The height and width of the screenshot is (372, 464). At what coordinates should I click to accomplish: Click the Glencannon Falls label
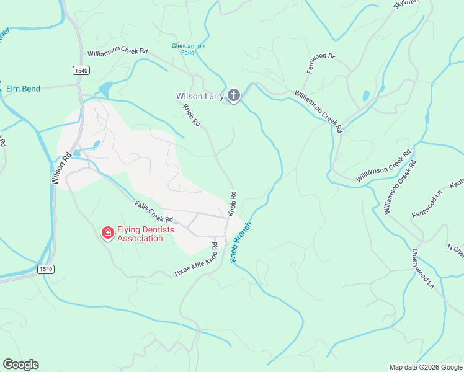point(188,50)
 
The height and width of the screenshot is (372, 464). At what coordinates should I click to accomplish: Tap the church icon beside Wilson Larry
point(233,95)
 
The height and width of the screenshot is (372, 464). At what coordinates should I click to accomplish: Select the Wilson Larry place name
point(200,96)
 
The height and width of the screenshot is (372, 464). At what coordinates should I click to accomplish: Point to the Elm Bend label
point(23,89)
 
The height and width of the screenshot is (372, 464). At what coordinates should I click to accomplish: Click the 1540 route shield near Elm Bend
point(81,71)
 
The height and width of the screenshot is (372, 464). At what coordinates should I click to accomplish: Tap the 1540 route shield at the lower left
point(45,268)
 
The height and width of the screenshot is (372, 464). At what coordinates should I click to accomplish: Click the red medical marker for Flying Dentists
point(107,232)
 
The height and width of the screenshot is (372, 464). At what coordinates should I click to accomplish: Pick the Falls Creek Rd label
point(154,211)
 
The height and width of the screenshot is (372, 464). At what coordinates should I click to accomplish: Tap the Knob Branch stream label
point(241,242)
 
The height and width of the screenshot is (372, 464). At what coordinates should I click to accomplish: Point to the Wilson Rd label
point(63,169)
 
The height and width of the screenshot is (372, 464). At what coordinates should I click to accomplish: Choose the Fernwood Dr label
point(321,63)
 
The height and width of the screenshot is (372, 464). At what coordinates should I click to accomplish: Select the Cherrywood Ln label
point(422,268)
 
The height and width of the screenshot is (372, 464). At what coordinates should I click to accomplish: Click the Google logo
point(20,365)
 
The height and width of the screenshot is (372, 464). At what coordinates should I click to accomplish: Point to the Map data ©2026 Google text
point(425,367)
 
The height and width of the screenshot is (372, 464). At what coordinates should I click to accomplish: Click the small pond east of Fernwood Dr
point(366,95)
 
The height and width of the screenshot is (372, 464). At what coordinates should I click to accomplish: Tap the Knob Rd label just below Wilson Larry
point(192,115)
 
